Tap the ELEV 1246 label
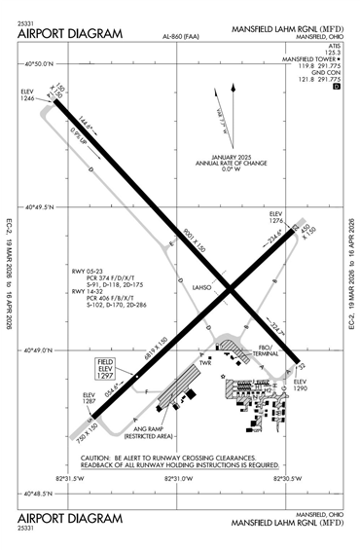[x=26, y=95]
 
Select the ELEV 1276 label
[x=275, y=217]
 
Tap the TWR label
[x=206, y=361]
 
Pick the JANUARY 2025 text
[x=231, y=157]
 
